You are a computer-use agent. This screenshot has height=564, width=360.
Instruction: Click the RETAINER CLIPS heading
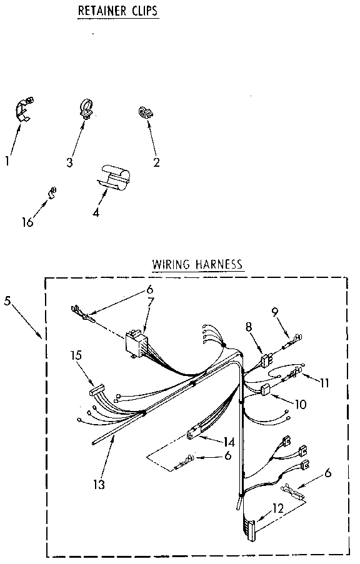point(117,11)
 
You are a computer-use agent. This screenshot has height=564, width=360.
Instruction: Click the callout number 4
point(96,212)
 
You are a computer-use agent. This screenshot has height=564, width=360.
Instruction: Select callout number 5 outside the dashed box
point(7,300)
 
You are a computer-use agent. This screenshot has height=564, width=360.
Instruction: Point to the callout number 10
point(301,405)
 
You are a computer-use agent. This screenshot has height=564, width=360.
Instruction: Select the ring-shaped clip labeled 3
point(85,107)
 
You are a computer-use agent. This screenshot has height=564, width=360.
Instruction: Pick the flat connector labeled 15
point(97,392)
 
